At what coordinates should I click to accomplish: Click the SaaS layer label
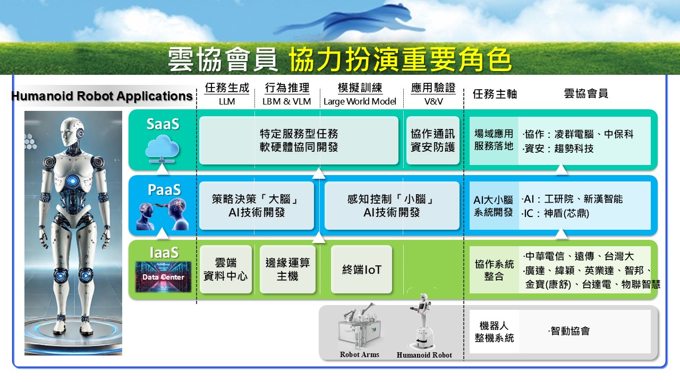coord(163,124)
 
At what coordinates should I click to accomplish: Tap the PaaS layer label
coord(164,190)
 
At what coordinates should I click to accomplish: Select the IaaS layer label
coord(164,253)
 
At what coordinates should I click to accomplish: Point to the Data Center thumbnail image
coord(163,277)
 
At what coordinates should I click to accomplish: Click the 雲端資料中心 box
coord(226,269)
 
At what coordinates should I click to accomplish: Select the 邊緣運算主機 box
coord(287,269)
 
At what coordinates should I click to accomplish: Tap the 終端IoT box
coord(361,269)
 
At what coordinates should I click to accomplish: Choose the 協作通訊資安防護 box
coord(433,141)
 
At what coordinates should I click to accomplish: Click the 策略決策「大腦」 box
coord(257,205)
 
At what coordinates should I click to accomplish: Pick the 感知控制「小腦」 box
coord(392,205)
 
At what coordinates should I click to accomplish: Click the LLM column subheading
coord(227,101)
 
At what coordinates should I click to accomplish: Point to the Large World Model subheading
coord(360,101)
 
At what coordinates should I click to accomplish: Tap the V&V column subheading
coord(433,101)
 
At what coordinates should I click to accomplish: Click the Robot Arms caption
coord(360,354)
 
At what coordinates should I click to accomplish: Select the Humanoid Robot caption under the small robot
coord(424,355)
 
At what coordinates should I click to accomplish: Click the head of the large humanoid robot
coord(71,133)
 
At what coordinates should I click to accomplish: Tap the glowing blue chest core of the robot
coord(73,181)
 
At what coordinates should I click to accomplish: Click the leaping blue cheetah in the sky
coord(349,23)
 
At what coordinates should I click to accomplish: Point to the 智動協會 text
coord(570,331)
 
